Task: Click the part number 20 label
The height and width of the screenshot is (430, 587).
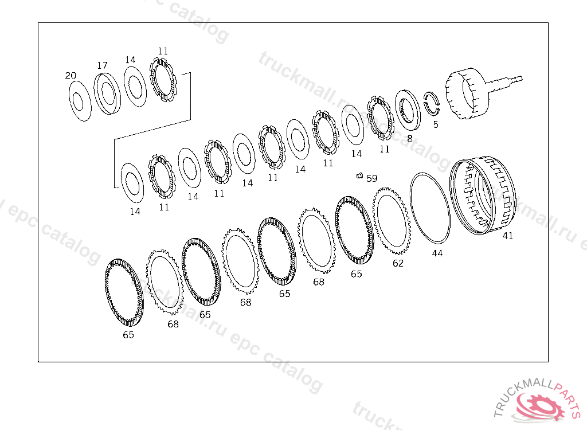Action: point(71,76)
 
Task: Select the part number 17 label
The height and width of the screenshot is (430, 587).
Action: point(102,66)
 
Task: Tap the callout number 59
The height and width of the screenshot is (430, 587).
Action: point(371,178)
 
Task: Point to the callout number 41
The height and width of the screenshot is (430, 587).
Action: point(508,236)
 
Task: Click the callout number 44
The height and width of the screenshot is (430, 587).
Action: point(437,253)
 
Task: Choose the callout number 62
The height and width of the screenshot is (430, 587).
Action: point(398,263)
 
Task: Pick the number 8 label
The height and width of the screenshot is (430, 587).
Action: point(410,139)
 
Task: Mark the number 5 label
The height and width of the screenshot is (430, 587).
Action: point(436,124)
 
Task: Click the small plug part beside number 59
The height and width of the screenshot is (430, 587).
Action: point(360,175)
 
